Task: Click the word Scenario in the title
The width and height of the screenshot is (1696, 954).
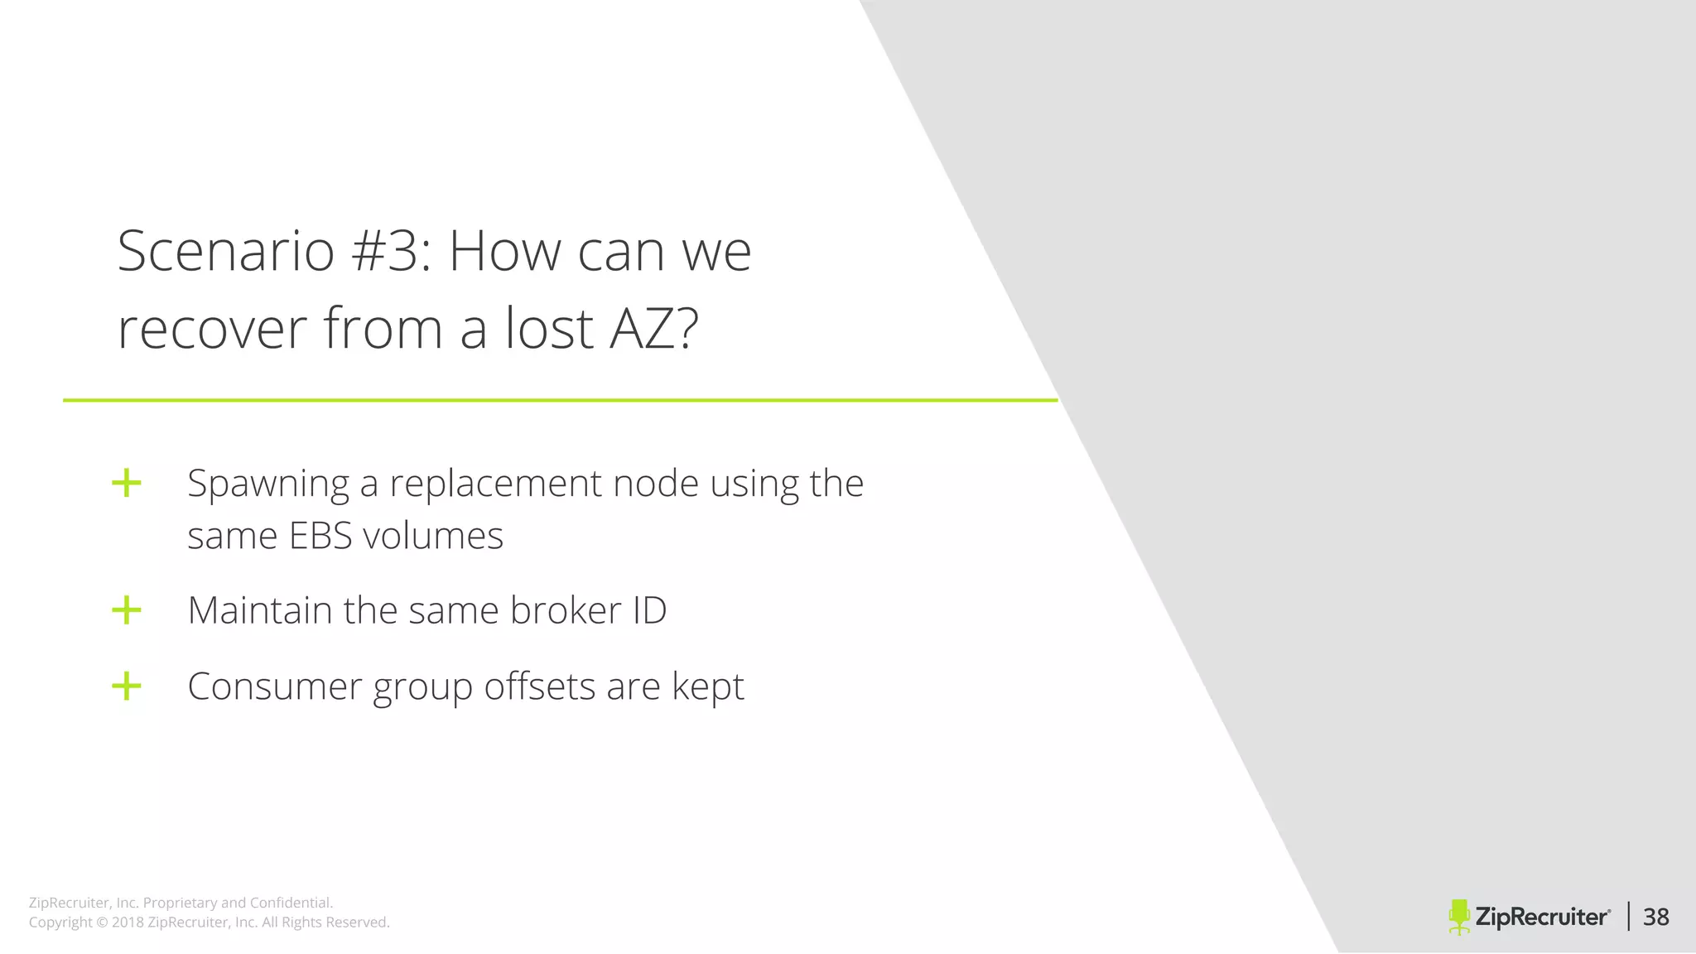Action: [225, 251]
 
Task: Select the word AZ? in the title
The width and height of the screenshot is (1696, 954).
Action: [653, 329]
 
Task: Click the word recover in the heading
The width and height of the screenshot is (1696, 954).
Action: [212, 329]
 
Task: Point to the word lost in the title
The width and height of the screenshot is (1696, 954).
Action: [549, 329]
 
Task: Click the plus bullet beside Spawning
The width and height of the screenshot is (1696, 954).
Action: [127, 483]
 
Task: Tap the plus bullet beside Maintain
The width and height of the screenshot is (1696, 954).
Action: [127, 610]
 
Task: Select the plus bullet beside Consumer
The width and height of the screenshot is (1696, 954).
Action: [127, 686]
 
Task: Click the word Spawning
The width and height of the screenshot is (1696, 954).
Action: [268, 484]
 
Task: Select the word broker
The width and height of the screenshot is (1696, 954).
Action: [566, 610]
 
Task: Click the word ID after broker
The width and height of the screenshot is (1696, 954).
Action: [649, 610]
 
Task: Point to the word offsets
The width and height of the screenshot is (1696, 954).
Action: [539, 687]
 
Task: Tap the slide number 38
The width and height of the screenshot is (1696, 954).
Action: [1656, 917]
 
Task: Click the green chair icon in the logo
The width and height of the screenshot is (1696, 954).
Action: [1459, 917]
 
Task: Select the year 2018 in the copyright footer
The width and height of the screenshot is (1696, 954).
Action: [128, 923]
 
